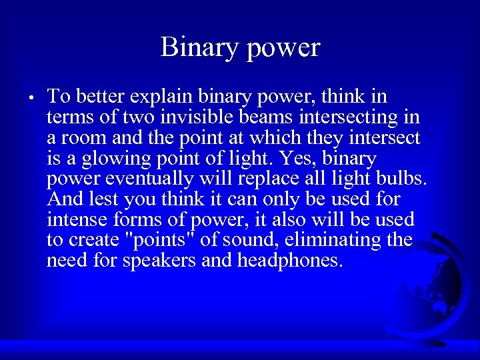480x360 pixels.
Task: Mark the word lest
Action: click(101, 199)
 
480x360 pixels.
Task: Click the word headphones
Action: click(289, 260)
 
